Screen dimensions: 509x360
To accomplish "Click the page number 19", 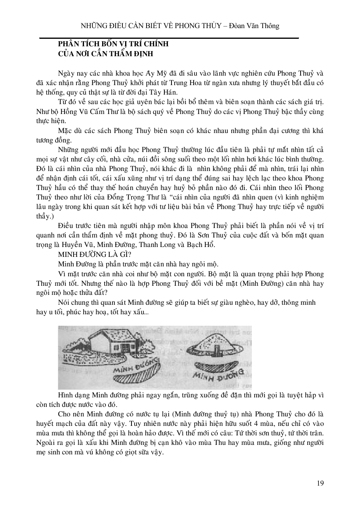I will point(320,483).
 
